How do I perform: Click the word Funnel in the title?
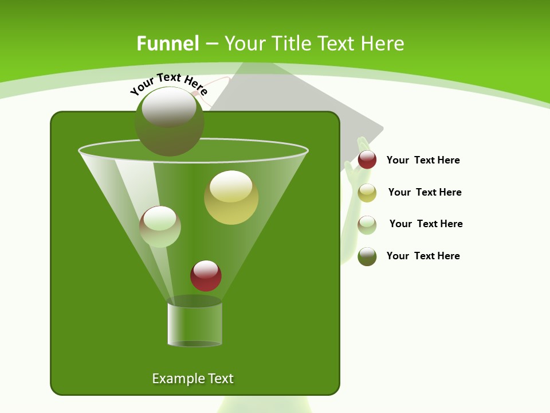coord(167,44)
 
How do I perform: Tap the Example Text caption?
coord(192,379)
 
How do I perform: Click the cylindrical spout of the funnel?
coord(194,324)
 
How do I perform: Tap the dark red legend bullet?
coord(367,160)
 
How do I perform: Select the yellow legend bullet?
coord(367,193)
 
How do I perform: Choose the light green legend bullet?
coord(367,225)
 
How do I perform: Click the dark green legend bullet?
coord(367,256)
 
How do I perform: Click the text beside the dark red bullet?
coord(423,160)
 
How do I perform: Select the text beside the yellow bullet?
coord(425,192)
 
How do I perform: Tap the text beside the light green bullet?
coord(426,224)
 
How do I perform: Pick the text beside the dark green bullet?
coord(423,256)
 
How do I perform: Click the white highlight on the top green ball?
coord(169,107)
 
